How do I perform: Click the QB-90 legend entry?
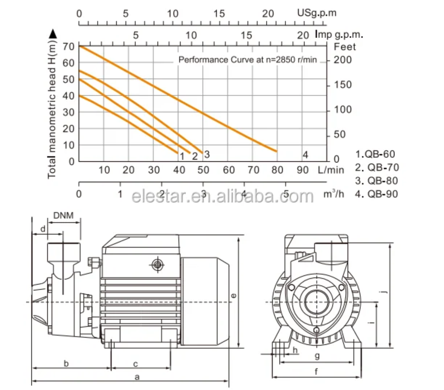376,194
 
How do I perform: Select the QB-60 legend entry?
375,154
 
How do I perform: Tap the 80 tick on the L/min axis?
277,170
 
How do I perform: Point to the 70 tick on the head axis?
69,47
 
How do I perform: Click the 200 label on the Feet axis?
343,60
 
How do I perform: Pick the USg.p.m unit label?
317,13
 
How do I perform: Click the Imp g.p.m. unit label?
339,35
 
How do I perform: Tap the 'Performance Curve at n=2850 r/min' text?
248,60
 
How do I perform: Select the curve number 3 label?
207,155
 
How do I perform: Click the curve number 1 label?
182,156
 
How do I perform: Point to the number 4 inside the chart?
305,155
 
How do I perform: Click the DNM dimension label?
63,216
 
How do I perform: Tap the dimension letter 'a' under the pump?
137,377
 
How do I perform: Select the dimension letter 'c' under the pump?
135,364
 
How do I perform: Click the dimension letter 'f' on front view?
316,372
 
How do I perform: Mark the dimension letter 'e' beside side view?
234,296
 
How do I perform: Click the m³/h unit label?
334,194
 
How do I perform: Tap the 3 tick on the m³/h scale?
203,194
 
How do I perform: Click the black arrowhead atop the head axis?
53,34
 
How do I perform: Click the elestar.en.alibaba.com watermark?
223,196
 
